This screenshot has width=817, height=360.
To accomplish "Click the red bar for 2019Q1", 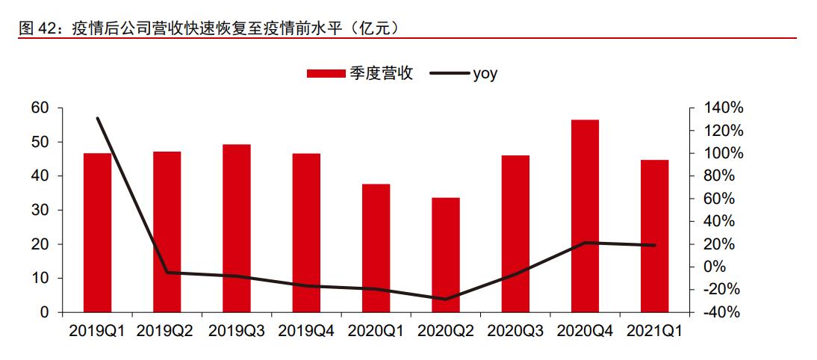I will click(97, 232).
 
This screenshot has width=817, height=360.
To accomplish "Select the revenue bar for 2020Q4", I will click(585, 216).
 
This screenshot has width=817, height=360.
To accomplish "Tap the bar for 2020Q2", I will click(446, 255).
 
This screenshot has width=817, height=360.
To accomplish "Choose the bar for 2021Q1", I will click(654, 236).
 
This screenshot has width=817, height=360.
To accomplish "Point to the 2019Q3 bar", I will click(237, 228).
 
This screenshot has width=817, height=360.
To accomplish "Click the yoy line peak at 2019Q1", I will click(98, 118).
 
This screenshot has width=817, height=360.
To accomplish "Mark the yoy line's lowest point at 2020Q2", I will click(446, 300).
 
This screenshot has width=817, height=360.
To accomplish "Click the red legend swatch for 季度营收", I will click(325, 73).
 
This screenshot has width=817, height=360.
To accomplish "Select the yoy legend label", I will click(485, 73).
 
